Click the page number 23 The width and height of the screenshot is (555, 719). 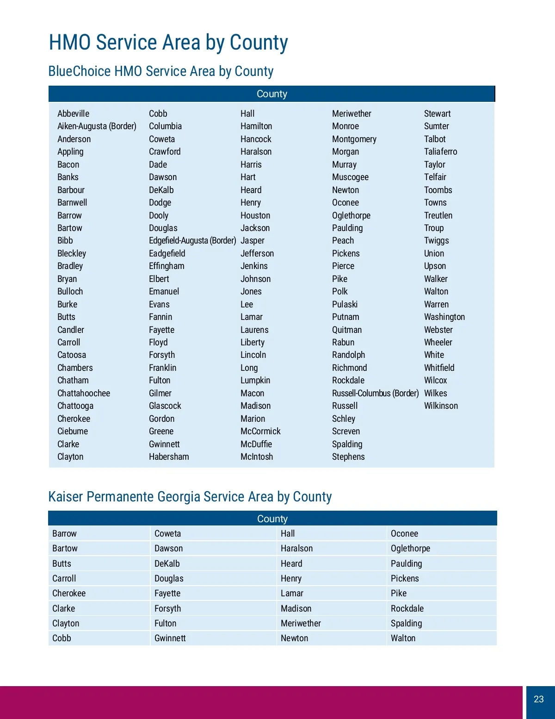point(539,699)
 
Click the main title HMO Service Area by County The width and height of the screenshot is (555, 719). point(168,43)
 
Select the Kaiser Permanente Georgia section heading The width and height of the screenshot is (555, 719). point(190,497)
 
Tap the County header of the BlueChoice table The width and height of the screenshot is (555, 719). point(272,94)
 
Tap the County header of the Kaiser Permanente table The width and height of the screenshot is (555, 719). point(272,519)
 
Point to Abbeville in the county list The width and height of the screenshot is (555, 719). point(73,113)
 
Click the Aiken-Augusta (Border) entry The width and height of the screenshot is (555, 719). point(97,126)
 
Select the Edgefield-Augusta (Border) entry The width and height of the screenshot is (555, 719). point(192,240)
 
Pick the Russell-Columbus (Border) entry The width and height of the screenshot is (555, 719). point(375,393)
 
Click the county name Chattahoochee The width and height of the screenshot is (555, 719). point(84,393)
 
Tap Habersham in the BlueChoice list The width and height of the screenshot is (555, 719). point(169,456)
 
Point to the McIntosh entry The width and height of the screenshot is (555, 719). point(257,456)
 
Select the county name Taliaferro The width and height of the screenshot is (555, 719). point(440,151)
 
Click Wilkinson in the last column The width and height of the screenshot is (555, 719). point(441,406)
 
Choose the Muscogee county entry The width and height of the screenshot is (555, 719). point(350,177)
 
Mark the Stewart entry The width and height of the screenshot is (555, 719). point(437,113)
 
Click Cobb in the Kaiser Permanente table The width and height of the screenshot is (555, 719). point(62,638)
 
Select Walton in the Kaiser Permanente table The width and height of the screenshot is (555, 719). point(403,638)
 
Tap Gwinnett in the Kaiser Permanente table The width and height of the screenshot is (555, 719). point(170,638)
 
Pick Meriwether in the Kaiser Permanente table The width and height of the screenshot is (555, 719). point(301,623)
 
